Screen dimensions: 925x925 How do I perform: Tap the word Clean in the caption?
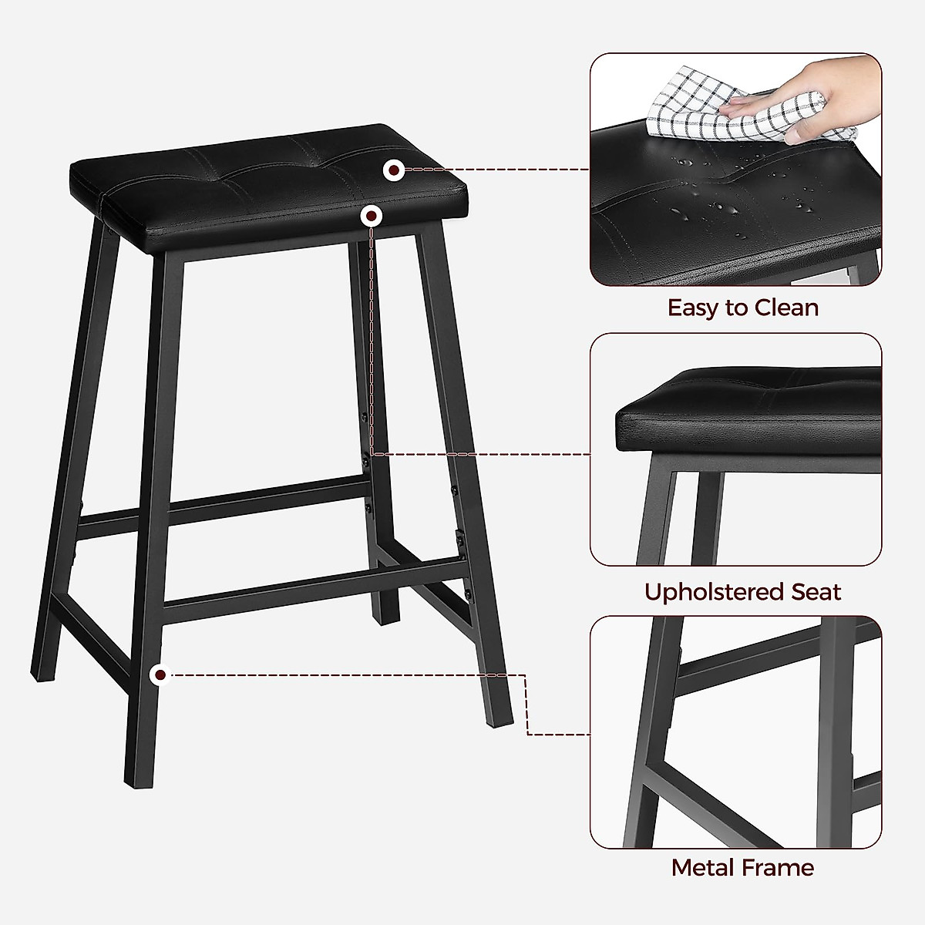tap(786, 308)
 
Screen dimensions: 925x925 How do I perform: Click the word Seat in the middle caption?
tap(816, 592)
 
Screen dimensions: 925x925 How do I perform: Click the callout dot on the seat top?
tap(395, 170)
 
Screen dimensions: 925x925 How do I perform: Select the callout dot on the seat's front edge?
tap(372, 217)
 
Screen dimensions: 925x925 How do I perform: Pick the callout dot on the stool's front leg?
tap(160, 675)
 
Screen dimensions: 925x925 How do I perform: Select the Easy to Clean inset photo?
tap(735, 170)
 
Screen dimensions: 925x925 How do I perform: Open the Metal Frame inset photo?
tap(735, 732)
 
